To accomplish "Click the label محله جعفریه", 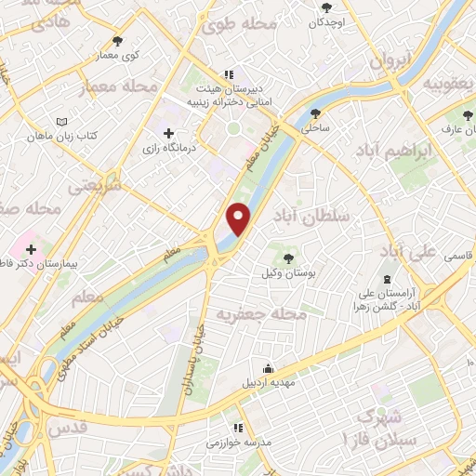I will pos(261,315).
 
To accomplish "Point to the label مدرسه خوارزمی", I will pos(239,442).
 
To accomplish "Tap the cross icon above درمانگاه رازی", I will pos(168,133).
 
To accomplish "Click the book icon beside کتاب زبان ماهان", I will pos(62,123).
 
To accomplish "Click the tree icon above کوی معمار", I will pos(117,41).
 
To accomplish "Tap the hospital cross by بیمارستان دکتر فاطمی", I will pos(33,249).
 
